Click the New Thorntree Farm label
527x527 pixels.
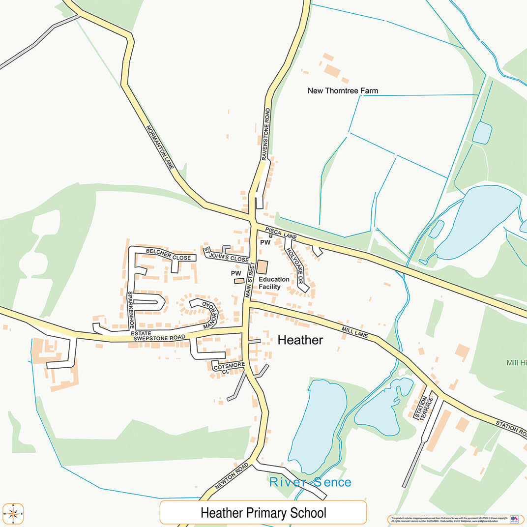[x=343, y=90]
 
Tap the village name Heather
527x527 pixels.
[x=300, y=340]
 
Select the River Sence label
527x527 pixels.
[x=310, y=482]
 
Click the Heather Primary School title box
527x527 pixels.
[x=263, y=513]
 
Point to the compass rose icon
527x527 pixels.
[x=13, y=514]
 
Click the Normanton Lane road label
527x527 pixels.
[x=160, y=146]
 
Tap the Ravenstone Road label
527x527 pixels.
[x=266, y=134]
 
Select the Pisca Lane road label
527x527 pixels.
[x=281, y=234]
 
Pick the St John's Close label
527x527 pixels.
[x=227, y=255]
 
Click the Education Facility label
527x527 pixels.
[x=274, y=283]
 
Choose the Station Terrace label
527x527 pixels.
[x=423, y=408]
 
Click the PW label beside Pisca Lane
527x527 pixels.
[x=265, y=242]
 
